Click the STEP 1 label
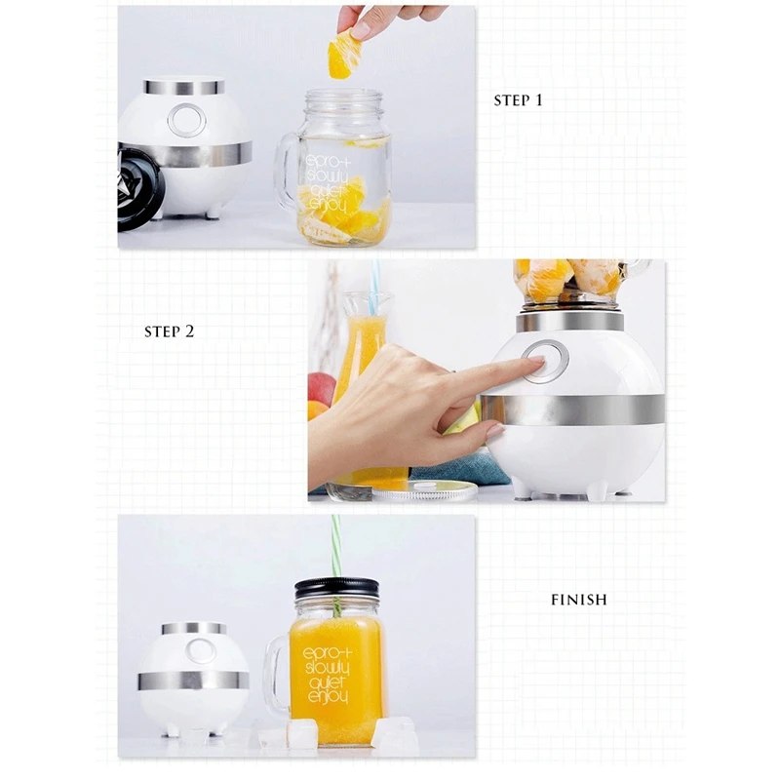point(518,100)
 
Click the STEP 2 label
point(169,331)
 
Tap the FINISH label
point(579,600)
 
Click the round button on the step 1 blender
point(186,120)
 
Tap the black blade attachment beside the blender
point(136,186)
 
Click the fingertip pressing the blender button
point(537,361)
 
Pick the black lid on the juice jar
point(336,589)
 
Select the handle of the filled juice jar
point(275,672)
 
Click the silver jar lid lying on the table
point(424,491)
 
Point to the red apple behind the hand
point(322,388)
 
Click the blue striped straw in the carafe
point(374,288)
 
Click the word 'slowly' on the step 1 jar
point(328,175)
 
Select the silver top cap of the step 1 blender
point(183,86)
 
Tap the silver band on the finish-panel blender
point(193,681)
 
